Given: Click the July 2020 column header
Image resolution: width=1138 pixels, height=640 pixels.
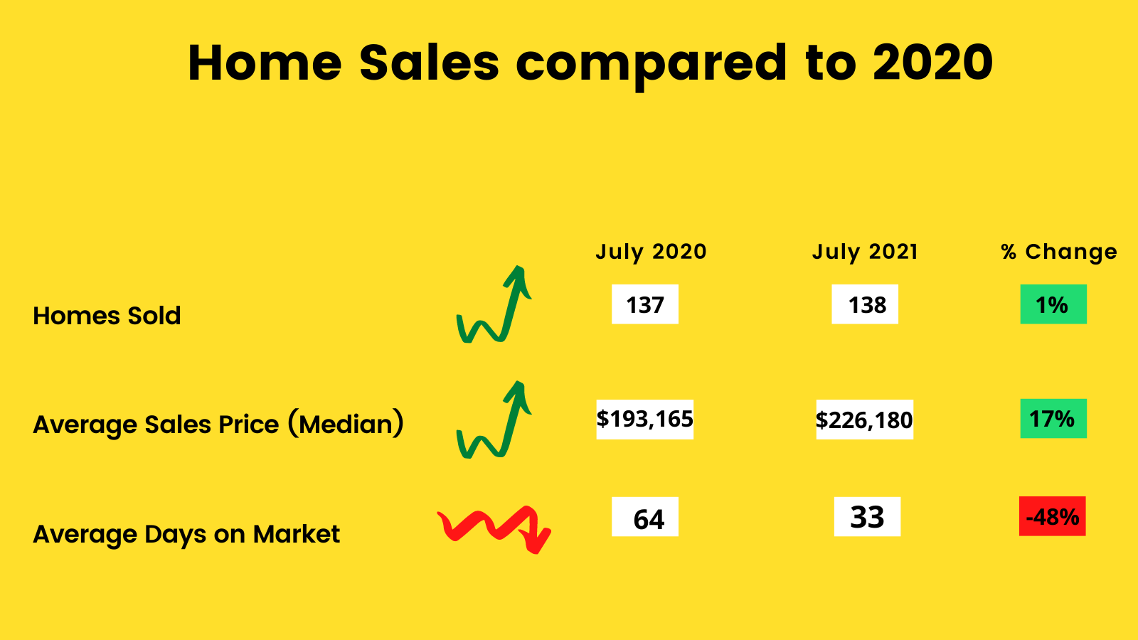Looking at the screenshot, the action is pos(651,252).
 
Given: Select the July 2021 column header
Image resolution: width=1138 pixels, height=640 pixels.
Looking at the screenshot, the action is pos(865,252).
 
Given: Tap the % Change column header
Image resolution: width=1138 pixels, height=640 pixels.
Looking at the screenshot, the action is pos(1059,252).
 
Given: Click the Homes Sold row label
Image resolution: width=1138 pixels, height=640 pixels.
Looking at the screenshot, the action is pos(107,316).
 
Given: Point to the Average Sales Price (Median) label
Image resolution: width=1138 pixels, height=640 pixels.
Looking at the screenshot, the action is pos(218,424).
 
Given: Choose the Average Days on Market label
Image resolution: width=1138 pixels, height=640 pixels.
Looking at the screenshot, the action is pos(186,534).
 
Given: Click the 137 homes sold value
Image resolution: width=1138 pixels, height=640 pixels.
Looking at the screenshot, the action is pos(644,304).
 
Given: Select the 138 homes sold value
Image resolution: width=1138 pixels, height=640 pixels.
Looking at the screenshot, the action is pos(865,304).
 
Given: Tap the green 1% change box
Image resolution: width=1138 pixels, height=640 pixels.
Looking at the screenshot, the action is pos(1053,304).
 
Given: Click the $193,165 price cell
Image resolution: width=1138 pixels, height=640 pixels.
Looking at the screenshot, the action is pos(644,419).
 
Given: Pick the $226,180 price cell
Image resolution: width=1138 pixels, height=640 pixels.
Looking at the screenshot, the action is pos(864,420).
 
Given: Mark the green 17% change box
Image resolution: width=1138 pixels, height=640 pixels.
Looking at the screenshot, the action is pos(1053,419).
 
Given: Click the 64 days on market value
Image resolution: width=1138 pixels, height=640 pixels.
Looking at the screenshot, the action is pos(644,516).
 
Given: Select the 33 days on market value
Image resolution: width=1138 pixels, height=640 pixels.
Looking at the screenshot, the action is pos(867,516).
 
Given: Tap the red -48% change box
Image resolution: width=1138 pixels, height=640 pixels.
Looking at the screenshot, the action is pos(1052,516).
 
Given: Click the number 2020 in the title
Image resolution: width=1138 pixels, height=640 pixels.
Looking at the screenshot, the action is pos(932,63).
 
